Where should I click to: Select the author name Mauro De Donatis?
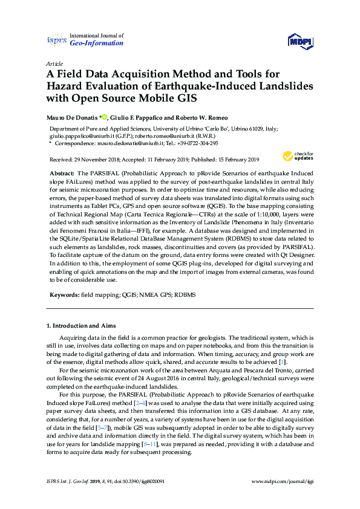click(x=73, y=117)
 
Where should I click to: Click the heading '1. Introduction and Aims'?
click(x=85, y=326)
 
